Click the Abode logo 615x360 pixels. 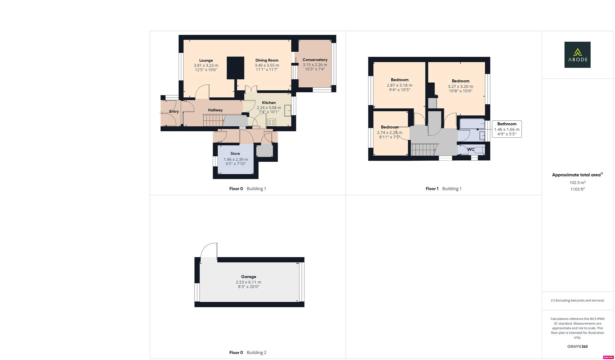pyautogui.click(x=577, y=55)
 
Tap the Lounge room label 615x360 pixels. pyautogui.click(x=206, y=60)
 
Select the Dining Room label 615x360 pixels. pyautogui.click(x=267, y=60)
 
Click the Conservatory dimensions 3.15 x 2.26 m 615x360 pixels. pyautogui.click(x=315, y=65)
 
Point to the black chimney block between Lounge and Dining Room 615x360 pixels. pyautogui.click(x=235, y=68)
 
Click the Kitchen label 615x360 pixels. pyautogui.click(x=269, y=103)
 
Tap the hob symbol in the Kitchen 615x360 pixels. pyautogui.click(x=272, y=122)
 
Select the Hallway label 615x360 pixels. pyautogui.click(x=215, y=110)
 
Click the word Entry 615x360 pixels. pyautogui.click(x=174, y=111)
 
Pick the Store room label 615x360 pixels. pyautogui.click(x=235, y=154)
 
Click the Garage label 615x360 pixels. pyautogui.click(x=249, y=277)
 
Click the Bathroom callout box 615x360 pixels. pyautogui.click(x=506, y=129)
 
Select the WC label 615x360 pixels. pyautogui.click(x=470, y=149)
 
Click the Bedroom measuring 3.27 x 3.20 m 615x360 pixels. pyautogui.click(x=460, y=81)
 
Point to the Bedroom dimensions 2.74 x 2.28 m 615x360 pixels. pyautogui.click(x=389, y=132)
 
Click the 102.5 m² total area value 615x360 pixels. pyautogui.click(x=577, y=183)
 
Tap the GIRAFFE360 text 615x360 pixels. pyautogui.click(x=577, y=346)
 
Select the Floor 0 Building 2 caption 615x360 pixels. pyautogui.click(x=248, y=352)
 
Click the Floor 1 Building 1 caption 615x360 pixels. pyautogui.click(x=443, y=189)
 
